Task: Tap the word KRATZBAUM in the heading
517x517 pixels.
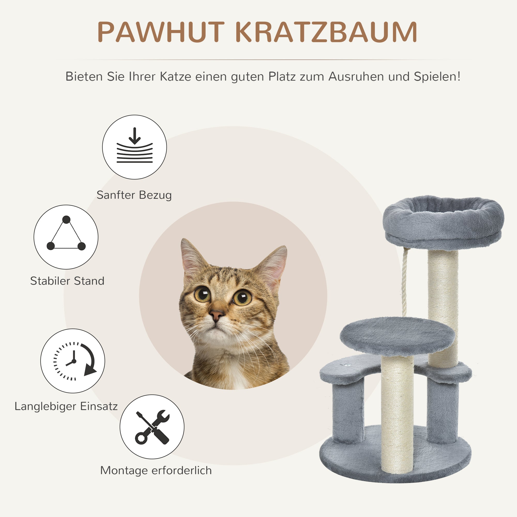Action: pos(327,32)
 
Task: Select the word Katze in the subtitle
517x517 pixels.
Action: pos(175,77)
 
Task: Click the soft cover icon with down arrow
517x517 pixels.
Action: pos(134,147)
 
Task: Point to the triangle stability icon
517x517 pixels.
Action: pos(66,237)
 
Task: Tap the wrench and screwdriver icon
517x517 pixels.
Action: pos(152,427)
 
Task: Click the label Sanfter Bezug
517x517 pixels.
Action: pos(134,195)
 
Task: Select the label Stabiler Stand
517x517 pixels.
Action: pos(67,281)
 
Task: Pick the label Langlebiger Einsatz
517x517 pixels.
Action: pos(66,406)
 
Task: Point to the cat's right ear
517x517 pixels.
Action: pos(273,265)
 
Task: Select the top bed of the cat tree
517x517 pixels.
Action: pos(443,222)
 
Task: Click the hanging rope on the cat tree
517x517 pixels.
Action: pos(404,281)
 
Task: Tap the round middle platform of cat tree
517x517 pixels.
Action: pos(397,336)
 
